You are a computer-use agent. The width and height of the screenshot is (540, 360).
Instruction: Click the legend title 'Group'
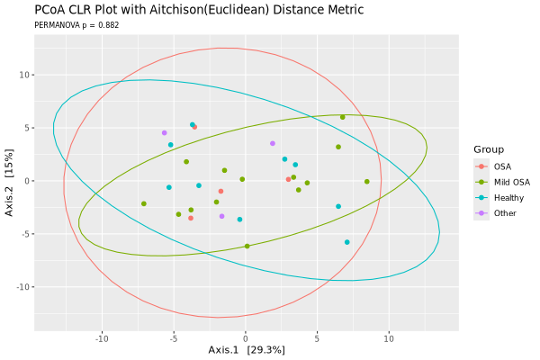tap(490, 149)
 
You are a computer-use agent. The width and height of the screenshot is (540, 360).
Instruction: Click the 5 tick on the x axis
tap(318, 339)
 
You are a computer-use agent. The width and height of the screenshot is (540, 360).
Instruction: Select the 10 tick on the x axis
tap(389, 339)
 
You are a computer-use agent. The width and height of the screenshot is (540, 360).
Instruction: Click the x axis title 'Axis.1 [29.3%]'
tap(246, 350)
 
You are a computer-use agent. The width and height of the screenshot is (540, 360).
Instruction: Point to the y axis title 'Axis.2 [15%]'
tap(10, 181)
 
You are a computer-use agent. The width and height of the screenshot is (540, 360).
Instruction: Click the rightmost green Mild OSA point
tap(367, 182)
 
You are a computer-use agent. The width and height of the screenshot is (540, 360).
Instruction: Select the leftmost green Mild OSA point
tap(144, 204)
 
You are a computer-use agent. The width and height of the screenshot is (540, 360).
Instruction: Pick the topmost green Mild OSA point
tap(343, 117)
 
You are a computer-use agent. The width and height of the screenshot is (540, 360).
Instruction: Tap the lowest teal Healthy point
tap(347, 242)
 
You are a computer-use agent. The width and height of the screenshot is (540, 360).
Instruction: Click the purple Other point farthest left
tap(164, 133)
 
